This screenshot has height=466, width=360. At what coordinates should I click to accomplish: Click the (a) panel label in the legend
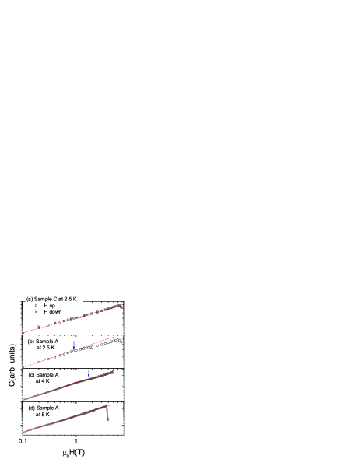(x=30, y=299)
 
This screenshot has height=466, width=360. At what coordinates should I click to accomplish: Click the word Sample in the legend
(x=43, y=299)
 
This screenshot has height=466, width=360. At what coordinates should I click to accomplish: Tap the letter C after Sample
(x=55, y=299)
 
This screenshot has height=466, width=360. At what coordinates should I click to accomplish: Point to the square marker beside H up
(x=36, y=306)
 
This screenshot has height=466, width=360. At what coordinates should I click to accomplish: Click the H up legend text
(x=50, y=306)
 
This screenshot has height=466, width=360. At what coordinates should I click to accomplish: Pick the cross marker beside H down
(x=36, y=312)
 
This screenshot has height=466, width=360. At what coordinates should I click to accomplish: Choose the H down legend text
(x=53, y=312)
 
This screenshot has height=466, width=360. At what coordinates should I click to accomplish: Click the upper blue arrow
(x=74, y=345)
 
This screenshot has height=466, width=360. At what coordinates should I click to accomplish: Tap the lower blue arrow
(x=89, y=373)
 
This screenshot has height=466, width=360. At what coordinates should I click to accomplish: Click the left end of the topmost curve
(x=24, y=333)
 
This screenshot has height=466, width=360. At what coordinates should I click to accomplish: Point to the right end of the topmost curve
(x=121, y=305)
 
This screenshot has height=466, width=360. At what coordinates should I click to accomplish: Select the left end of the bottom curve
(x=24, y=433)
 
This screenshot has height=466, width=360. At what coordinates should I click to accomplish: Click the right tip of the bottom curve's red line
(x=111, y=405)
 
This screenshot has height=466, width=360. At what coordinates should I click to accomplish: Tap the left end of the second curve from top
(x=24, y=366)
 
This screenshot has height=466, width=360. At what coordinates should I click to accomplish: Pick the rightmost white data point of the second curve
(x=121, y=342)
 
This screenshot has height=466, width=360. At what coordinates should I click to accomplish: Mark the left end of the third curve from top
(x=24, y=400)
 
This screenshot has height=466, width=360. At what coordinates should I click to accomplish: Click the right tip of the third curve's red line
(x=118, y=370)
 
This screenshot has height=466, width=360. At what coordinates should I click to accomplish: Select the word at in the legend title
(x=62, y=299)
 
